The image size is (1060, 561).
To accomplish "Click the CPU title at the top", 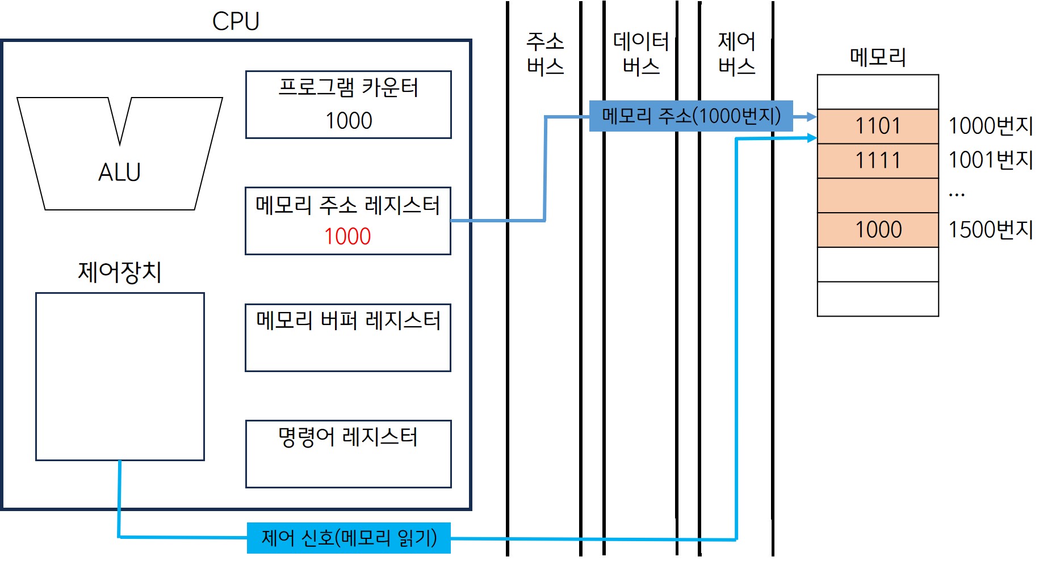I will pos(236,22).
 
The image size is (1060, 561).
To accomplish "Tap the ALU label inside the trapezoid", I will pos(119,172).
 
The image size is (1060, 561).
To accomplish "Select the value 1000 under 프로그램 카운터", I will pos(348,121).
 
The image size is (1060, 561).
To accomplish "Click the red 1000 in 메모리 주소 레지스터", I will pos(347,237).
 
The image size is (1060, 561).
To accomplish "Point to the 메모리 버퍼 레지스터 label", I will pos(348,321).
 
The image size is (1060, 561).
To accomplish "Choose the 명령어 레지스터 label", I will pos(348,437).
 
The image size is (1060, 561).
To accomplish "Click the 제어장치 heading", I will pos(120,272).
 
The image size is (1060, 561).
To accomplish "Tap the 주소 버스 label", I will pos(545,54).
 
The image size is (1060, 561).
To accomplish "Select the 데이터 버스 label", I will pos(641,54).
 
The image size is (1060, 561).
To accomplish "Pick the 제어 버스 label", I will pos(736,54).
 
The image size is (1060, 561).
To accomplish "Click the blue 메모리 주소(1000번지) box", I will pos(691,116).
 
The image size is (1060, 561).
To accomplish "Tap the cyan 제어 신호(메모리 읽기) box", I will pos(349,538).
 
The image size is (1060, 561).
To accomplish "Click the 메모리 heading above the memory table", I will pos(878,57).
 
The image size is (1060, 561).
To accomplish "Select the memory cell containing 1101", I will pos(878,126).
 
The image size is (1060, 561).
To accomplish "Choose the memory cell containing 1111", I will pos(878,161).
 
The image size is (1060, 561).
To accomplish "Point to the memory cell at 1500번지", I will pos(878,230).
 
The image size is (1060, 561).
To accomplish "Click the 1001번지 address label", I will pos(991,161).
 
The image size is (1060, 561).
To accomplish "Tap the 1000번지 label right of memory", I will pos(991,126).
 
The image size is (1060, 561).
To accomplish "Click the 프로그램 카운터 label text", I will pos(348,88).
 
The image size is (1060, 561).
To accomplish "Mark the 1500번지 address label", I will pos(991,230).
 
